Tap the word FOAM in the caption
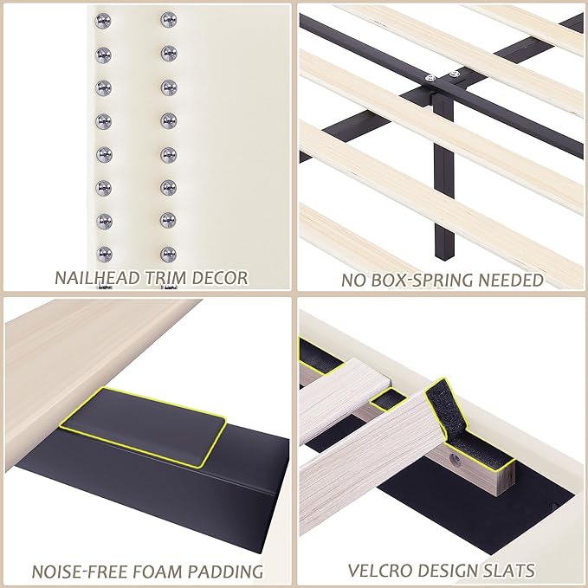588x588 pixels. [159, 572]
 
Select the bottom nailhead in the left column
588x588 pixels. [104, 254]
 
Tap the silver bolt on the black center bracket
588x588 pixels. [429, 79]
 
